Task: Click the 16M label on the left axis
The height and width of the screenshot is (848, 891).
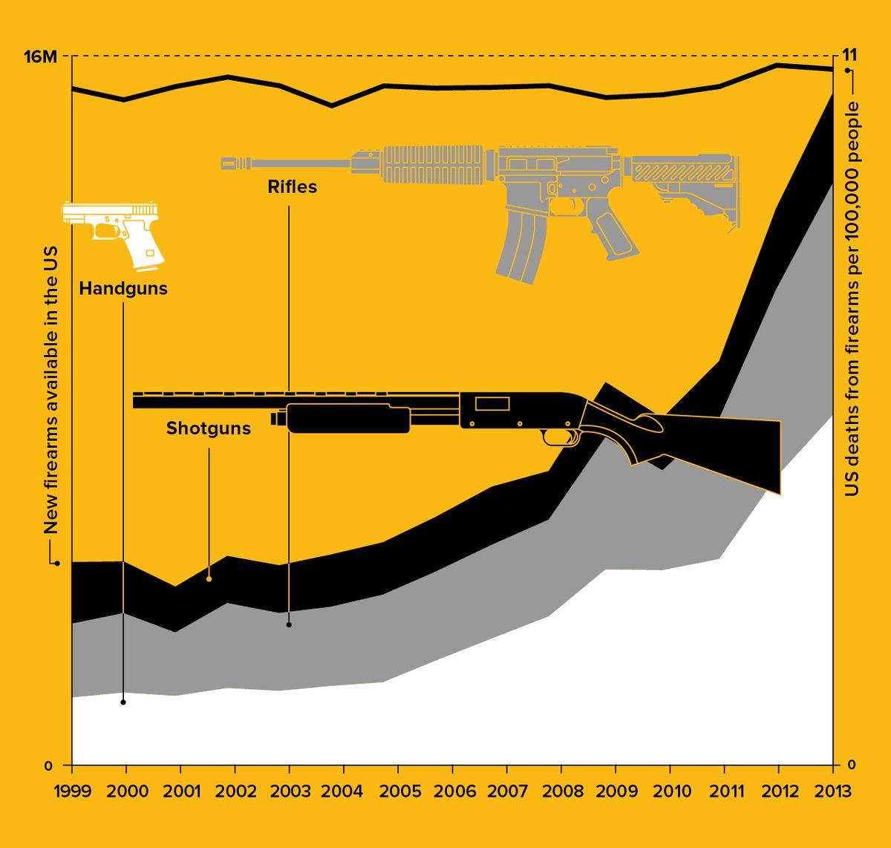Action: [39, 56]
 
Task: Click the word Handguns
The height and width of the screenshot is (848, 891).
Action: [123, 289]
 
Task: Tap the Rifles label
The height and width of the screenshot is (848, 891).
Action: [293, 187]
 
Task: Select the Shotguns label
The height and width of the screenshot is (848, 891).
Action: [209, 428]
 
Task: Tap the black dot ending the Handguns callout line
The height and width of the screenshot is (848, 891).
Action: [123, 702]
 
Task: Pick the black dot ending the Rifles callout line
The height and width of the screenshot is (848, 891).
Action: [289, 624]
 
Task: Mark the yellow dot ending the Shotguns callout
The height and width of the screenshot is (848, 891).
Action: [209, 578]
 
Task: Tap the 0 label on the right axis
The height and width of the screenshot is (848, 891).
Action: [852, 765]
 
